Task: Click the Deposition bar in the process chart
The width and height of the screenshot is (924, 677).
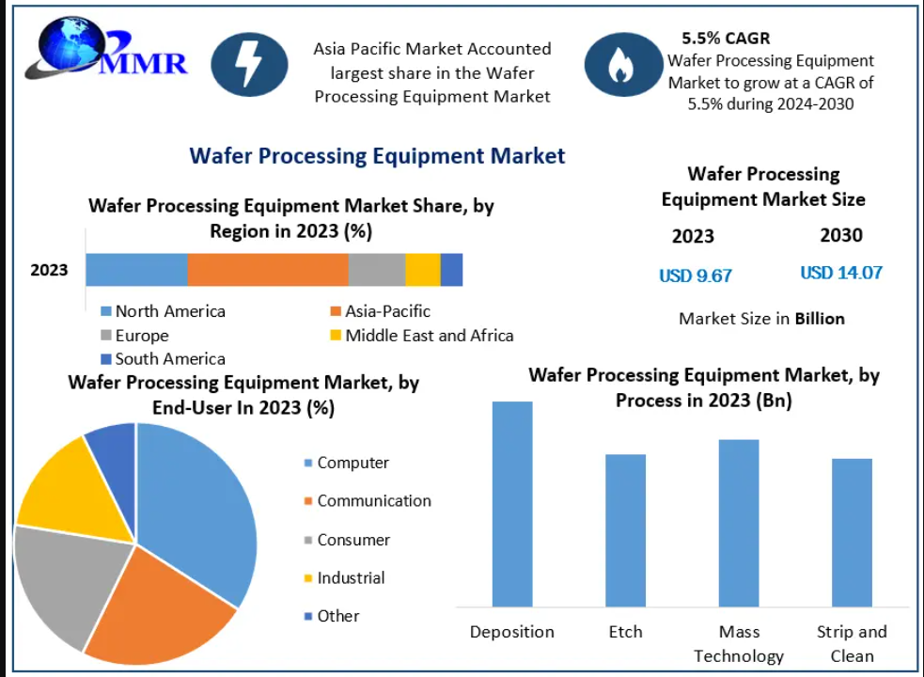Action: [512, 504]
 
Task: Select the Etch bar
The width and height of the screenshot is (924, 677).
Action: [625, 530]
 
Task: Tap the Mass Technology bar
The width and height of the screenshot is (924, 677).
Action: [739, 523]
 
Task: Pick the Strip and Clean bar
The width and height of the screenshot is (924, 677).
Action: [852, 532]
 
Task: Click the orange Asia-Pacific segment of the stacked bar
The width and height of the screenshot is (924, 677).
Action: [268, 270]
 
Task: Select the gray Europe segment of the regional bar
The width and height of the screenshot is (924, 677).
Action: [377, 270]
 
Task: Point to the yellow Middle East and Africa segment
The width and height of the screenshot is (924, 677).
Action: [423, 270]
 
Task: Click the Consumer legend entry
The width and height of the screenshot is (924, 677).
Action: [347, 540]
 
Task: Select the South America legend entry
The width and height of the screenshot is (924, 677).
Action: [163, 358]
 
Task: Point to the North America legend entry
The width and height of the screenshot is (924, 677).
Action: [163, 311]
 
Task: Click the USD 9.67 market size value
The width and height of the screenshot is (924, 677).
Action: [696, 276]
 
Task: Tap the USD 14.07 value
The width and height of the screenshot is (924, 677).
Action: [841, 273]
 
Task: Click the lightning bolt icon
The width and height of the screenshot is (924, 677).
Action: [249, 64]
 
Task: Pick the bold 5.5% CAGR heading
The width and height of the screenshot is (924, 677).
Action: [726, 39]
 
